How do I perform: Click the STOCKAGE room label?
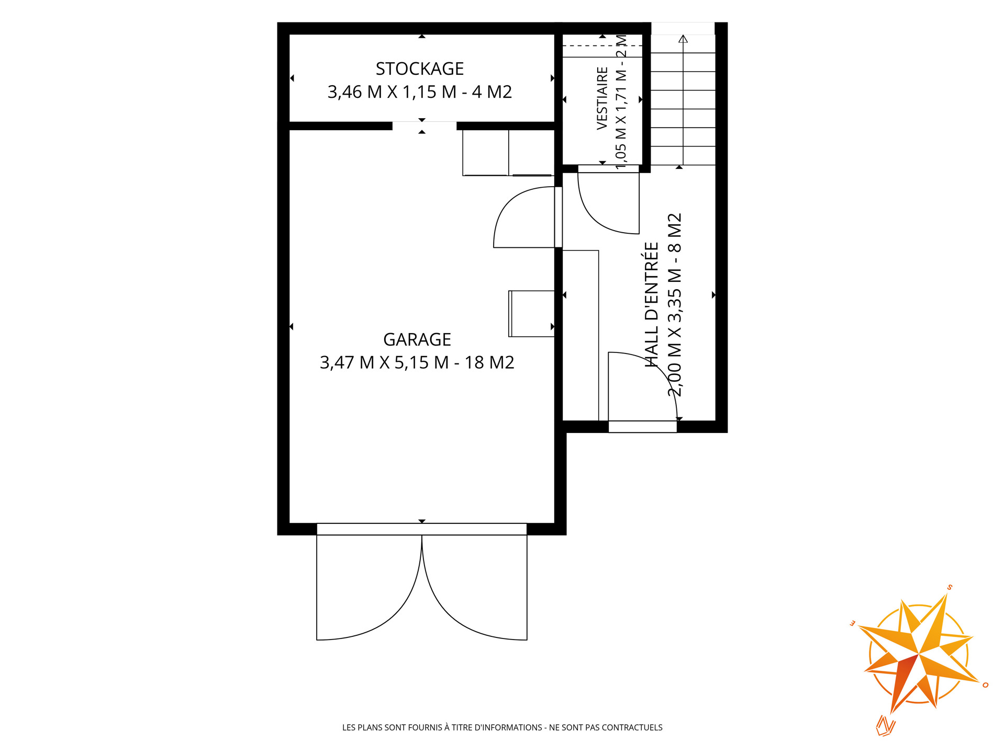click(x=420, y=69)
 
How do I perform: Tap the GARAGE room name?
click(x=417, y=339)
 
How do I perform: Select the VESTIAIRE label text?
click(x=602, y=98)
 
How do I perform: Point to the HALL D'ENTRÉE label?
click(x=651, y=304)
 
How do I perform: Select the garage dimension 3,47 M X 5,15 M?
click(x=384, y=362)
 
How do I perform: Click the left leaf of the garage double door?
click(x=369, y=587)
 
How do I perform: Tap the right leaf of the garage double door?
click(x=475, y=587)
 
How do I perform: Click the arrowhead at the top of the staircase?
click(x=683, y=39)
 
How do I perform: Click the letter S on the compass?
click(x=950, y=587)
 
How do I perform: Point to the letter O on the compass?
click(x=986, y=685)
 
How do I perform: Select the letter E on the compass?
click(x=852, y=623)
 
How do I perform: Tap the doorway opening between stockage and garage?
click(x=425, y=126)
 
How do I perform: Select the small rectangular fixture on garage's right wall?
click(x=531, y=314)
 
